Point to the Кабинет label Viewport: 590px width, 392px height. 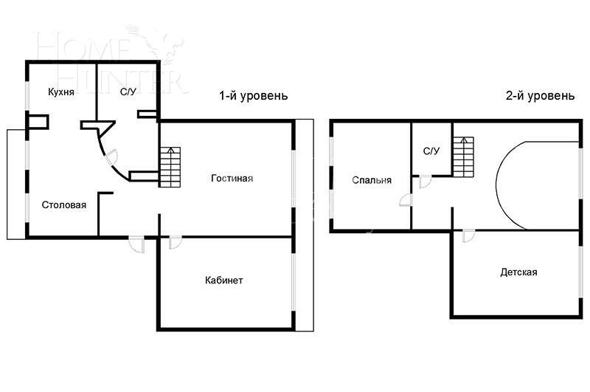[x=224, y=281]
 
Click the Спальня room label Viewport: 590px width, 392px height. [x=371, y=180]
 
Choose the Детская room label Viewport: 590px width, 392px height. [x=518, y=272]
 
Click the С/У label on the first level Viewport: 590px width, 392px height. [x=128, y=92]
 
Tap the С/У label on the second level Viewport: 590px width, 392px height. [x=431, y=151]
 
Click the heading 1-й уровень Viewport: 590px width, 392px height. [x=253, y=96]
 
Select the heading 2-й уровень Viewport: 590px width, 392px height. [x=540, y=96]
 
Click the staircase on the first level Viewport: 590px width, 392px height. [x=170, y=167]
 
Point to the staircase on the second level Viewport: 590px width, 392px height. [x=462, y=155]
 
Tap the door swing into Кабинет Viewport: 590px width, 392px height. [x=176, y=242]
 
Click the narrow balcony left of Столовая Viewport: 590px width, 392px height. [x=16, y=185]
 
